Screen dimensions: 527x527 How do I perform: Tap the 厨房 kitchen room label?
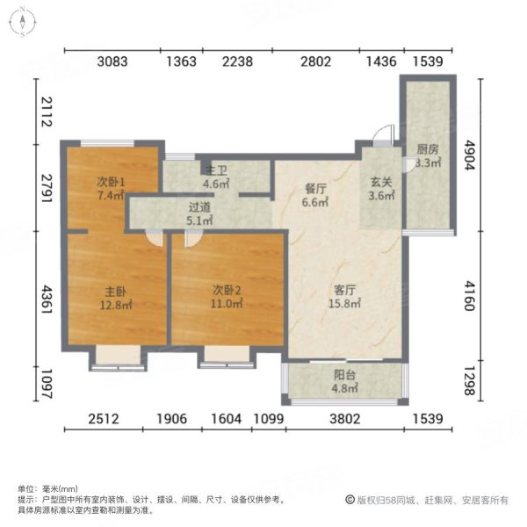coord(428,155)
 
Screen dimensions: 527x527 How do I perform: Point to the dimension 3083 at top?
coord(112,61)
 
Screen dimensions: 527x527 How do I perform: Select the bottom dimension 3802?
coord(344,420)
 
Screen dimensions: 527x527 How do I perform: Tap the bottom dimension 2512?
coord(104,420)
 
